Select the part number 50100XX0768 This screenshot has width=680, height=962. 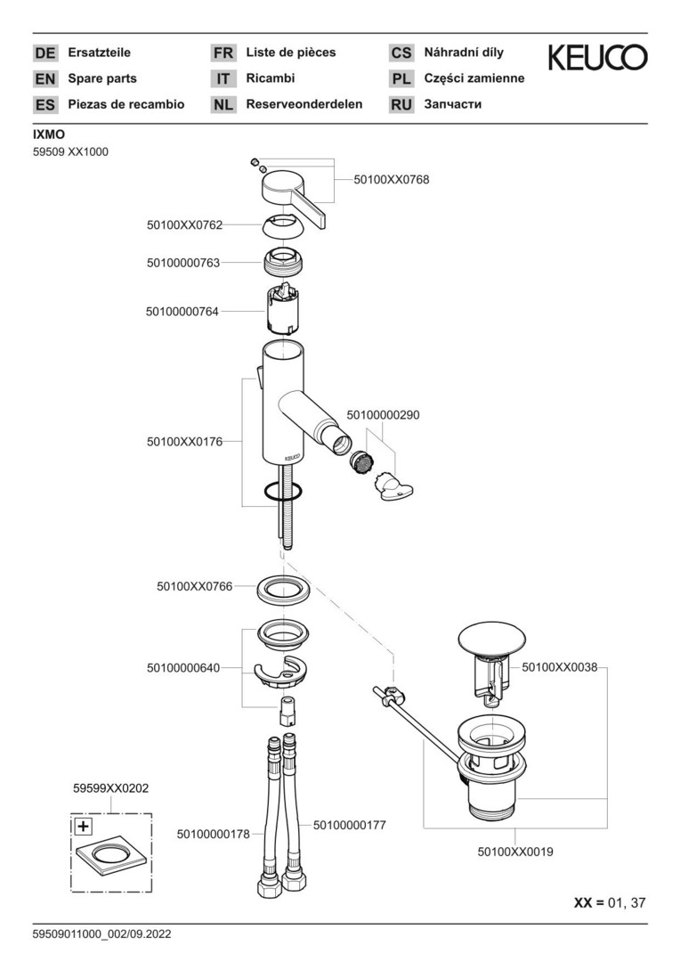click(x=391, y=179)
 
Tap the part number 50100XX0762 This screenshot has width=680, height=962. click(x=184, y=225)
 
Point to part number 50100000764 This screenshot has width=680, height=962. click(x=182, y=312)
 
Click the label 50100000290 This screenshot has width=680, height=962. click(x=383, y=415)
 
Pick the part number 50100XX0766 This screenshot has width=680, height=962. click(x=194, y=586)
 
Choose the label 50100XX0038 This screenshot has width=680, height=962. click(x=559, y=666)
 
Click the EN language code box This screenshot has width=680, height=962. click(x=45, y=79)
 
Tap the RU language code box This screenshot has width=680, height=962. click(x=401, y=105)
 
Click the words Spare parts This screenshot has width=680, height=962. click(x=102, y=78)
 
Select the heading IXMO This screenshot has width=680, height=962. click(x=49, y=135)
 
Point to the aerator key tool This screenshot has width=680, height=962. click(x=397, y=488)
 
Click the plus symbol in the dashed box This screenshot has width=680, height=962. click(x=82, y=826)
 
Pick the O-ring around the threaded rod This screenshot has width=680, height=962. click(x=284, y=491)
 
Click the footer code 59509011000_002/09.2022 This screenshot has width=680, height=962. click(x=101, y=934)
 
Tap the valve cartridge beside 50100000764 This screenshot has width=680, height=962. click(x=285, y=312)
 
